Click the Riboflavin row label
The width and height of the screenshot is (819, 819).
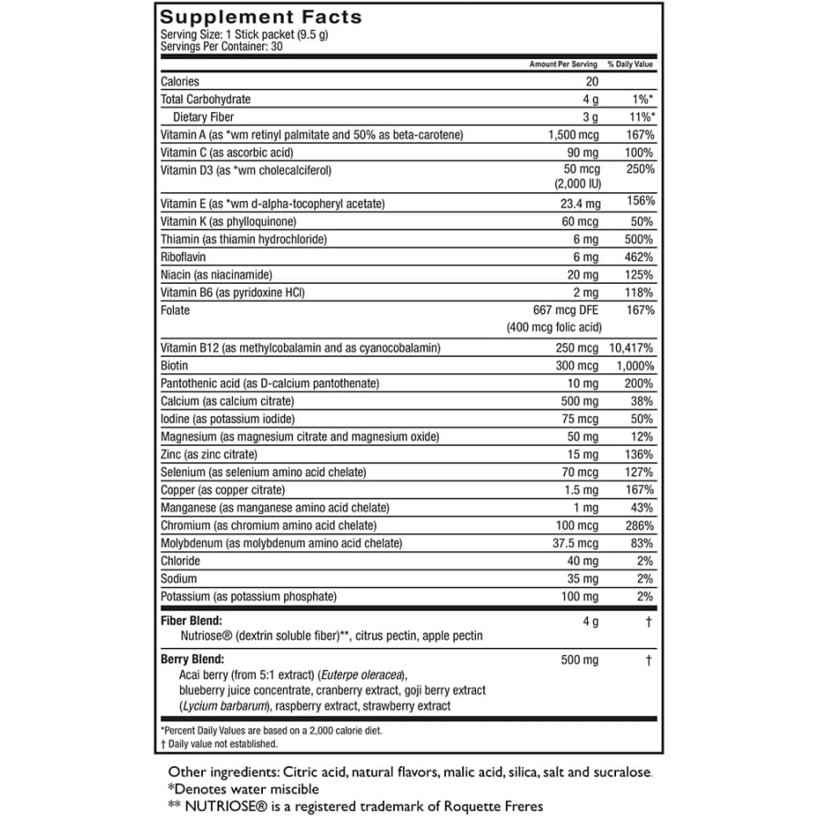click(x=183, y=258)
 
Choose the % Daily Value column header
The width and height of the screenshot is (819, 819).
click(x=631, y=65)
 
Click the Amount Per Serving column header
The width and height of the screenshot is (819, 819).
click(x=563, y=65)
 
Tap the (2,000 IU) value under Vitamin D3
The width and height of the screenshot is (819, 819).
click(x=575, y=183)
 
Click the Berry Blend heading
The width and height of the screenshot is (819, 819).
click(x=192, y=659)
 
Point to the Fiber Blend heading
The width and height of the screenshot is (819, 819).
click(x=192, y=620)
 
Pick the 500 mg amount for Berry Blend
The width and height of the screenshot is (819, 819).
click(x=580, y=659)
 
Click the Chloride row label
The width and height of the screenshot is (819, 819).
click(x=180, y=561)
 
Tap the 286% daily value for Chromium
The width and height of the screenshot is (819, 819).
click(x=639, y=525)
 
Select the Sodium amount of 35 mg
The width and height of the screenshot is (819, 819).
click(x=581, y=579)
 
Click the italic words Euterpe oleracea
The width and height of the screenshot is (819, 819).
click(x=362, y=674)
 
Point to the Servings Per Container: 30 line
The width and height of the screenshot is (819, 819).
click(x=221, y=46)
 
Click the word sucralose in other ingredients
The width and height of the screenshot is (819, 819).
click(x=622, y=773)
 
